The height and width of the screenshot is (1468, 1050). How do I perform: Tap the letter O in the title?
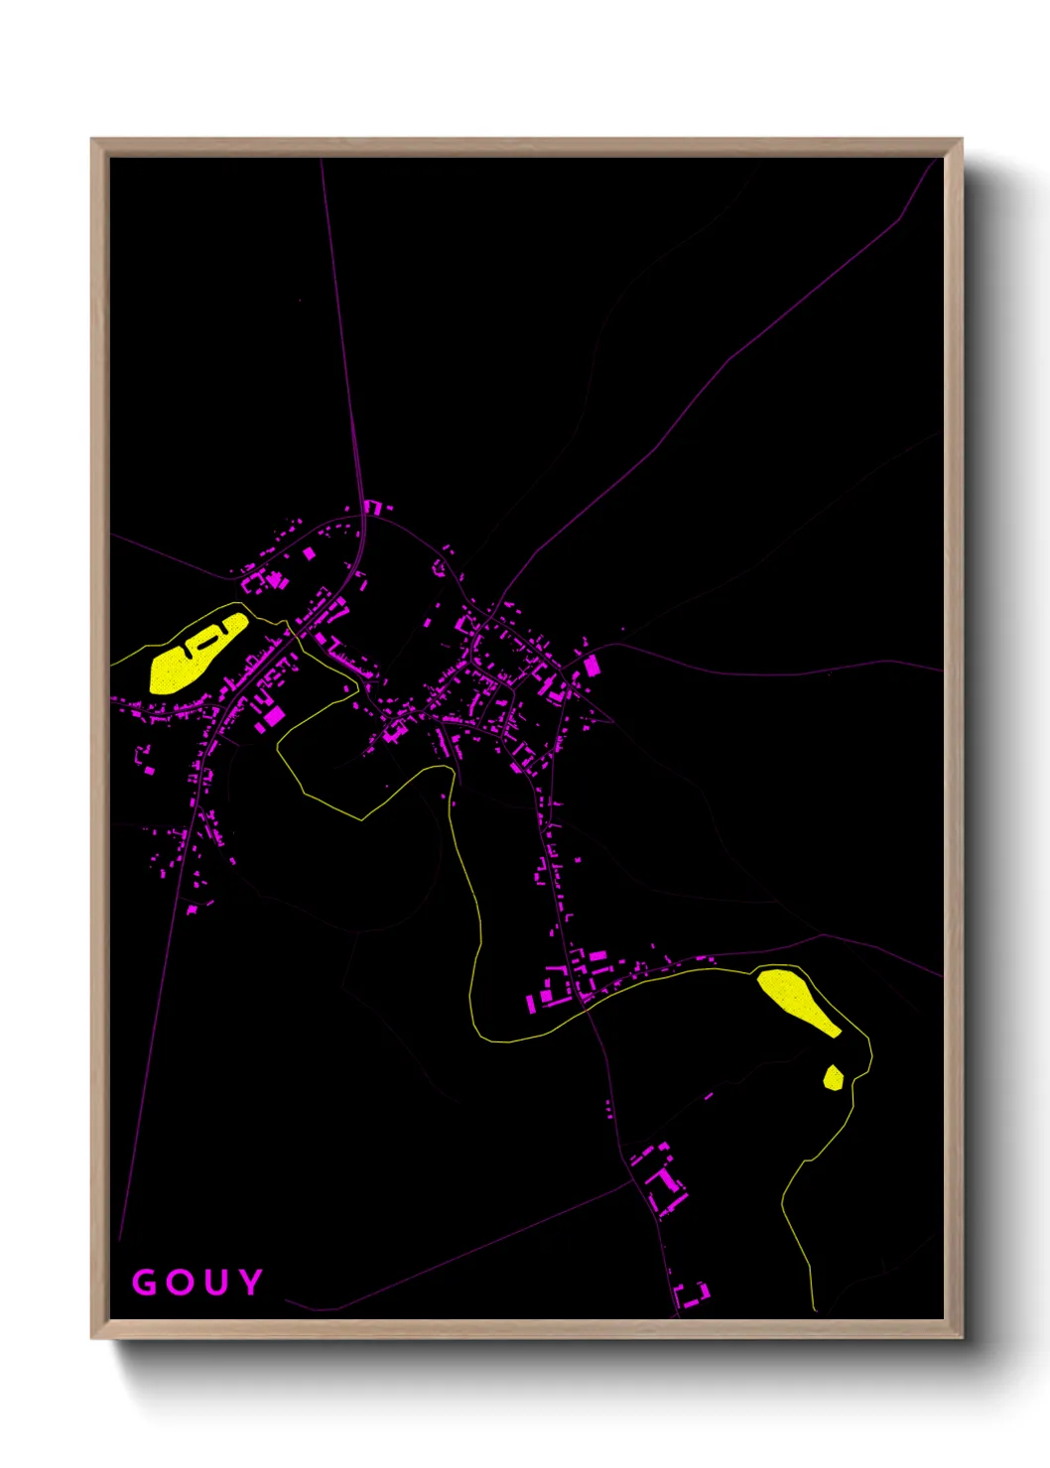pyautogui.click(x=180, y=1283)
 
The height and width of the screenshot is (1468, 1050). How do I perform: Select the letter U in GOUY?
pyautogui.click(x=215, y=1283)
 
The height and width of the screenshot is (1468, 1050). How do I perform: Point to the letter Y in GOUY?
pyautogui.click(x=250, y=1282)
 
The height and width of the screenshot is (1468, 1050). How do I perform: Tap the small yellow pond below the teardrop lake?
pyautogui.click(x=834, y=1077)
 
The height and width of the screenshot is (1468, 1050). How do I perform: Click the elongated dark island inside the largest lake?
pyautogui.click(x=205, y=640)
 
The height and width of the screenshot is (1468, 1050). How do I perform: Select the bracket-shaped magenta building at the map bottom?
pyautogui.click(x=692, y=1293)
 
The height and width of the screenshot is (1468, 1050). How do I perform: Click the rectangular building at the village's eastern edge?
pyautogui.click(x=592, y=665)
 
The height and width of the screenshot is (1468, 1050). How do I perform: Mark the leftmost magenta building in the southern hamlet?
pyautogui.click(x=532, y=1001)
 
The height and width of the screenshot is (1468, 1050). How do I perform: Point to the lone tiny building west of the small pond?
pyautogui.click(x=709, y=1096)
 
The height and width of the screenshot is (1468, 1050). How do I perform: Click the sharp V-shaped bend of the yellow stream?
pyautogui.click(x=361, y=819)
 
